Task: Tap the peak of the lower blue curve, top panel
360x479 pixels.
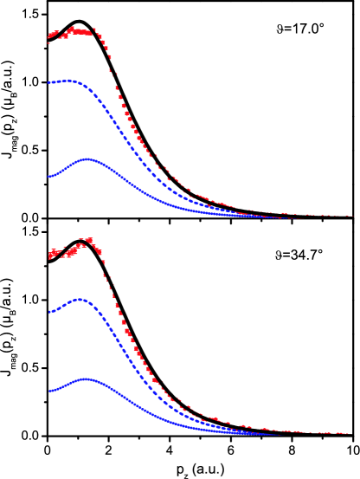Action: point(87,159)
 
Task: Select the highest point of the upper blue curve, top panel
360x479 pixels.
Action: point(69,81)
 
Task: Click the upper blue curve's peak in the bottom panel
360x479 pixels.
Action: point(80,300)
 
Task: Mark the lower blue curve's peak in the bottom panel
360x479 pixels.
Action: point(86,379)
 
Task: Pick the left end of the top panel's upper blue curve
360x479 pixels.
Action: point(49,83)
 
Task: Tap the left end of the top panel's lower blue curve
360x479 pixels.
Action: point(49,176)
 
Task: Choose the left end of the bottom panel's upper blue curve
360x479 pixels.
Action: point(49,312)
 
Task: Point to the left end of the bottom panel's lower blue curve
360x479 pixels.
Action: point(49,391)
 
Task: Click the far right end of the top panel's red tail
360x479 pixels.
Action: point(351,216)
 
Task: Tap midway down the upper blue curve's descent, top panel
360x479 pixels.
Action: point(121,130)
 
